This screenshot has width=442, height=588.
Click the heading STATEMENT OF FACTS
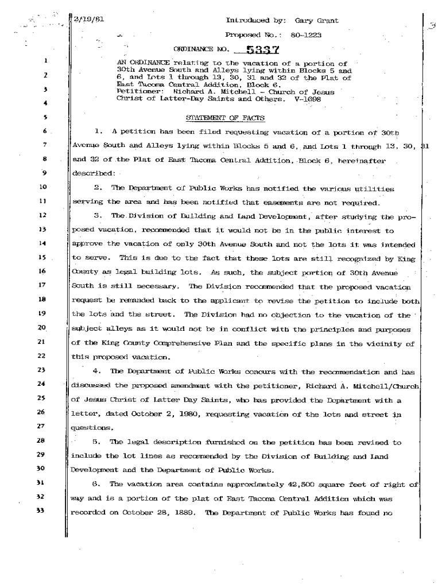pyautogui.click(x=226, y=118)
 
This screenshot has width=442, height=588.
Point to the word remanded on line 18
pyautogui.click(x=118, y=301)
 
